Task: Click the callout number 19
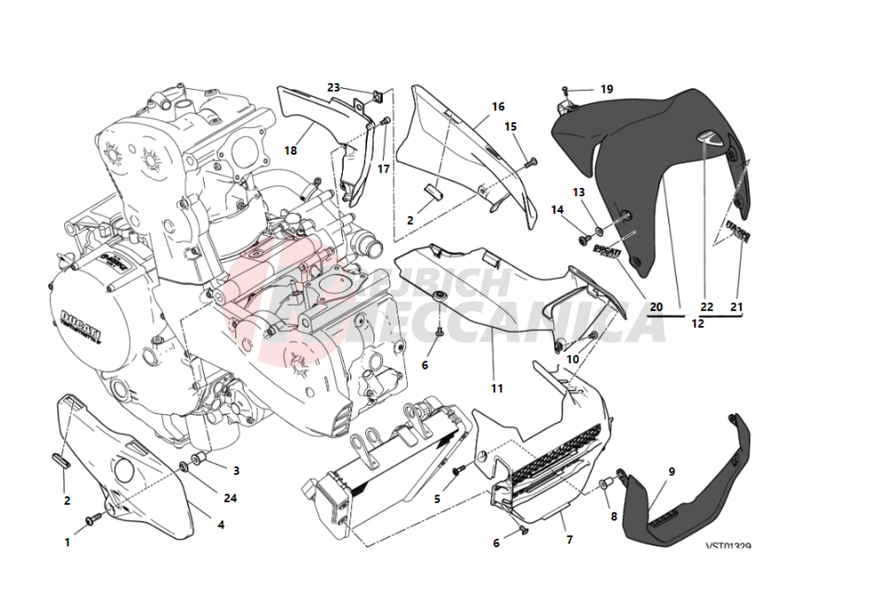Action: (x=606, y=90)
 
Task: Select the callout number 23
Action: (x=334, y=87)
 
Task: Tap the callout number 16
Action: (x=498, y=107)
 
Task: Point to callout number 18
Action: (x=290, y=150)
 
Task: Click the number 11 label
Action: (x=497, y=388)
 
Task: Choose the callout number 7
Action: (x=569, y=539)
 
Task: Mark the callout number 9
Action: (x=671, y=471)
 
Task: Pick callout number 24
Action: (x=230, y=497)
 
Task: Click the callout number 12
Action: (x=697, y=324)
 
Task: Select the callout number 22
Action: (x=706, y=307)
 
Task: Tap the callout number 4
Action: (x=221, y=525)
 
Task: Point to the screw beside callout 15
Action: (x=529, y=163)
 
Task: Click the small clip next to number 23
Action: (x=377, y=94)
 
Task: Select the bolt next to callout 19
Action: (x=565, y=90)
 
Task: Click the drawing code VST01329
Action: (x=728, y=546)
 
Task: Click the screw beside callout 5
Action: (x=457, y=472)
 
